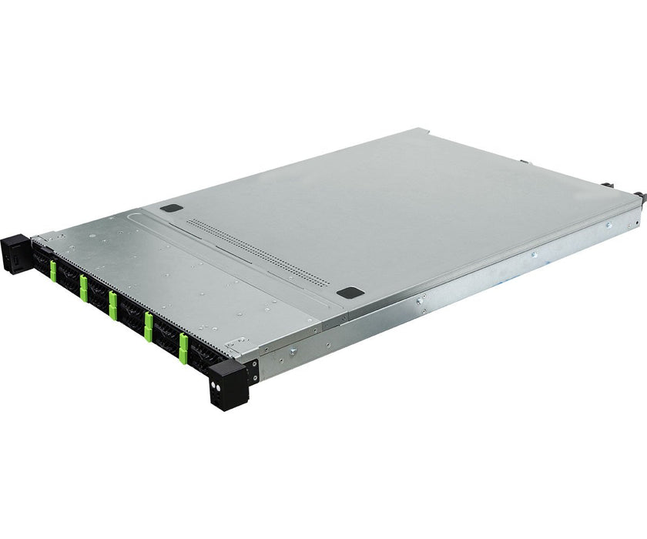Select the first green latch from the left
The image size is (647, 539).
(x=53, y=269)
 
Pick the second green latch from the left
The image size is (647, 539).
(x=83, y=287)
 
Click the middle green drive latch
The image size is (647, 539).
(x=113, y=304)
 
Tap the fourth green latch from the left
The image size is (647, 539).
(x=148, y=326)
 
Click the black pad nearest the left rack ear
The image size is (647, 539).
(x=174, y=208)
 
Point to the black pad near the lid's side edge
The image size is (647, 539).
(x=350, y=293)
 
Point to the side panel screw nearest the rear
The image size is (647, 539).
(x=608, y=225)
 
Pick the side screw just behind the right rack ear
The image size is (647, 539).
(x=293, y=352)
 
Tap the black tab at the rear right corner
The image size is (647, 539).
(x=639, y=196)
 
